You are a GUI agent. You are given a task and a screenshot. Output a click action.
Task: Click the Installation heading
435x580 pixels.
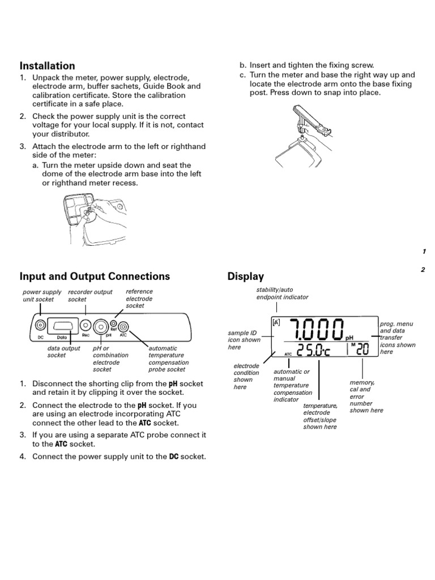[47, 66]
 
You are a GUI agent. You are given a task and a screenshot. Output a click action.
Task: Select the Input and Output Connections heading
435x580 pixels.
[95, 276]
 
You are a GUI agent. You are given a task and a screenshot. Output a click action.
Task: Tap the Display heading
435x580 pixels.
[245, 276]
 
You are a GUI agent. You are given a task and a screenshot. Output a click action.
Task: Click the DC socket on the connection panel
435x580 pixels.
[40, 326]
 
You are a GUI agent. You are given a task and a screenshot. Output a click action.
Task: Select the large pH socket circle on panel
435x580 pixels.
[102, 326]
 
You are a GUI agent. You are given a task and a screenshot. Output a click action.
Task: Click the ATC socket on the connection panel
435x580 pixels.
[123, 326]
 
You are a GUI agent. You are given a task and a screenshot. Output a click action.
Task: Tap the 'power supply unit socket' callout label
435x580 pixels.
[41, 296]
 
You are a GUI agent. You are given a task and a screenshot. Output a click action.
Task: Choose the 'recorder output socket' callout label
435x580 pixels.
[89, 296]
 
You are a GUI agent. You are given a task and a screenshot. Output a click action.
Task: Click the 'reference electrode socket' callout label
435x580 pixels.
[139, 298]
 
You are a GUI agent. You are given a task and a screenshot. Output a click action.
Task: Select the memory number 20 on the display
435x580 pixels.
[362, 351]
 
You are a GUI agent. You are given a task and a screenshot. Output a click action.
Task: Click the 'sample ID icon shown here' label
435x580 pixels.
[244, 340]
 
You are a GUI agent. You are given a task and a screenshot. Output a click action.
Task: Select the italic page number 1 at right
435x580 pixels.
[424, 251]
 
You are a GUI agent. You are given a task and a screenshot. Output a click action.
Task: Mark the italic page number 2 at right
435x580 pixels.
[423, 270]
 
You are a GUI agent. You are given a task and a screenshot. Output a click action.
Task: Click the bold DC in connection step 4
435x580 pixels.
[174, 457]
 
